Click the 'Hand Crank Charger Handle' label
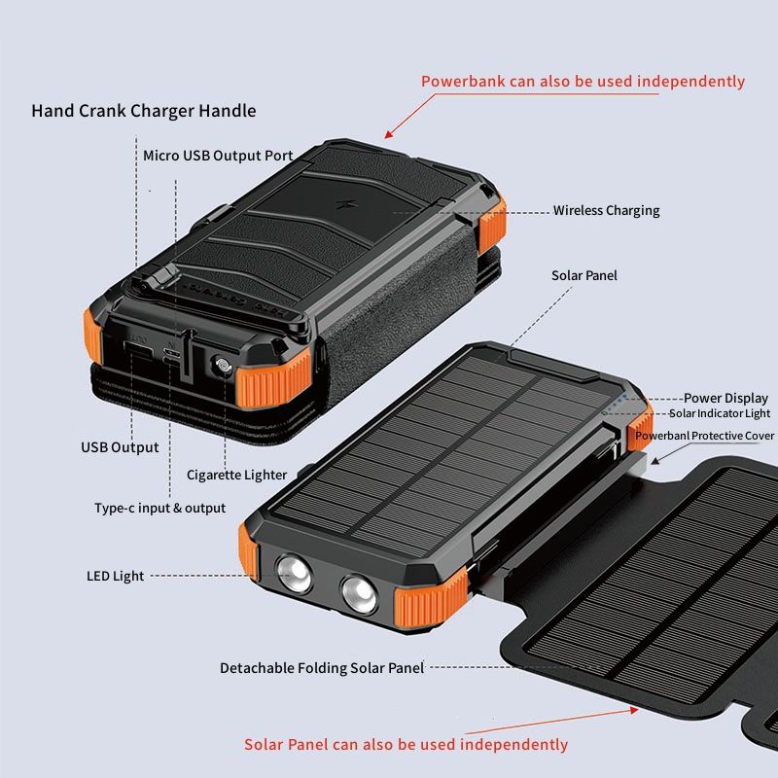[x=144, y=111]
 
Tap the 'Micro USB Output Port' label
[x=218, y=156]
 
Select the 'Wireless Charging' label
[x=606, y=210]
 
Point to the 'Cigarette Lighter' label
[x=236, y=475]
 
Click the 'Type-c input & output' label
[x=159, y=508]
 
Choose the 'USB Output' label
[x=120, y=447]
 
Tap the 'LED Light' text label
[x=115, y=576]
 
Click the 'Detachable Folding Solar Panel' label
[x=322, y=668]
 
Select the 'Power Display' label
[x=725, y=398]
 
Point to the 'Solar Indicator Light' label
[x=720, y=413]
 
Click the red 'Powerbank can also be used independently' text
[x=583, y=82]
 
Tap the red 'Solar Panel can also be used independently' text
[x=406, y=744]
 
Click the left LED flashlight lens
[x=295, y=574]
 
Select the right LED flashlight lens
[x=359, y=594]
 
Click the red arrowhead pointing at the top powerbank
[x=389, y=134]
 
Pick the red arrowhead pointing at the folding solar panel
[x=634, y=711]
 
